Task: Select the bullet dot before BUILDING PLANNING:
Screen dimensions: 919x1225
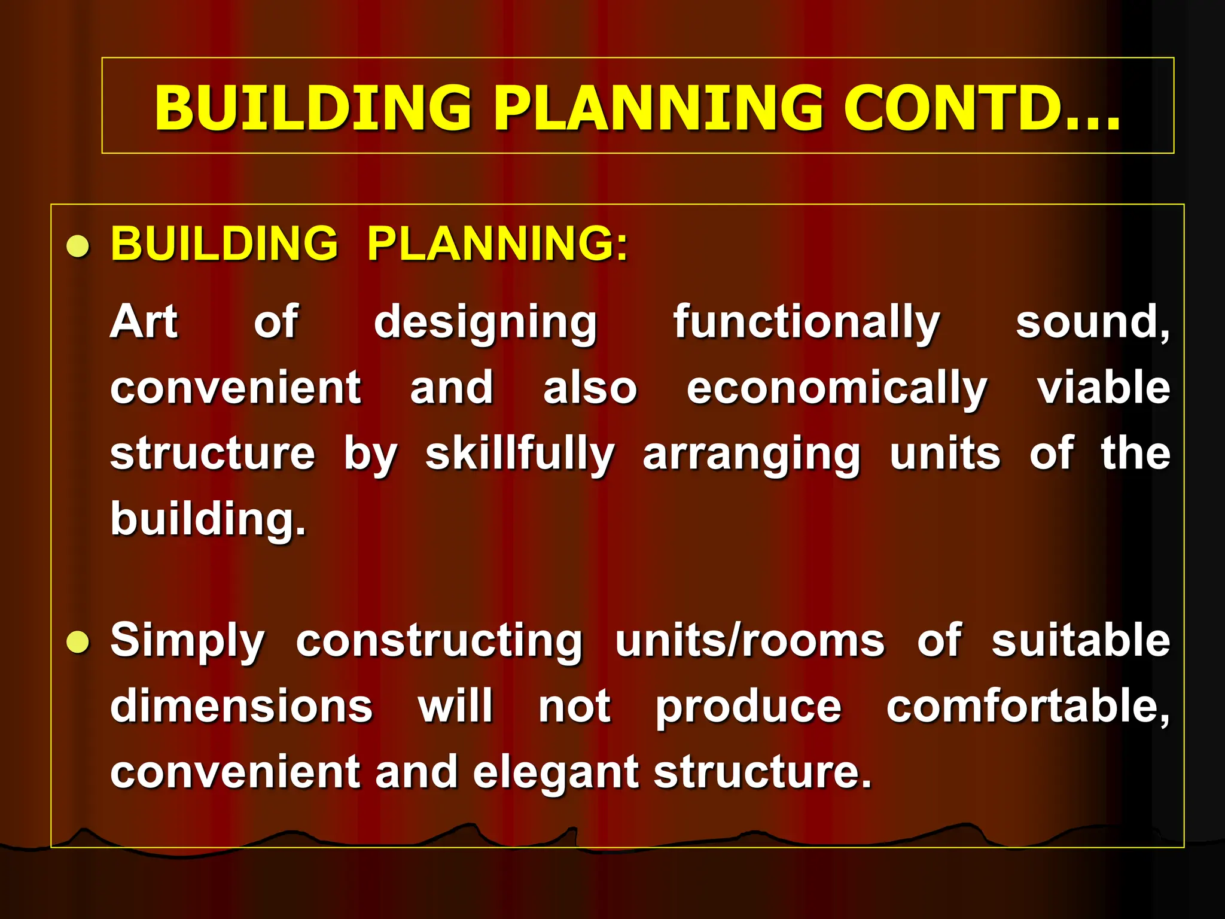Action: [78, 246]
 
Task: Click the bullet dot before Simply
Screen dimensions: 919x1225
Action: [78, 643]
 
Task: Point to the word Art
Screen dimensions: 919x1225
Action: [144, 322]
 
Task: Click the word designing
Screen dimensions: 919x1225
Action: [485, 324]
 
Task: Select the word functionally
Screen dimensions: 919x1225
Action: [806, 324]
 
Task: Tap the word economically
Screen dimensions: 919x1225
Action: [837, 389]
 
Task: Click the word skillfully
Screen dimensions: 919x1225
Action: [520, 455]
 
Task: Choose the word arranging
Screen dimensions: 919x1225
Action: [751, 457]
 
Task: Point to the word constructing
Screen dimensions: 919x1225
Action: [439, 641]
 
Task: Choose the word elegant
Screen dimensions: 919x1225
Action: [556, 773]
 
